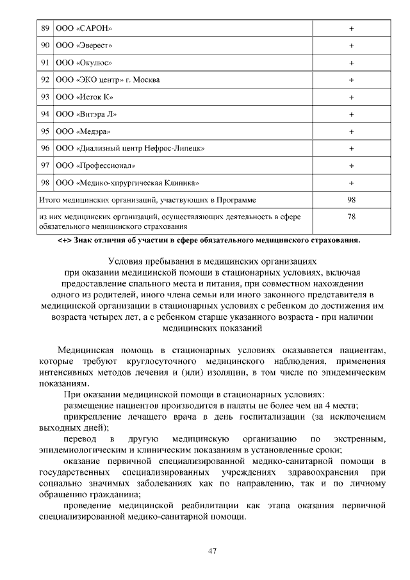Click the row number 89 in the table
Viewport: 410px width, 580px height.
(45, 29)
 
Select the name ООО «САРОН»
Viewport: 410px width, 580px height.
(84, 29)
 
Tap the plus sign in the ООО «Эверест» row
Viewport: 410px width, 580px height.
(352, 46)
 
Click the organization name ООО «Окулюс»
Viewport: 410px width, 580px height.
(85, 63)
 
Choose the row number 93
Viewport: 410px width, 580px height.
(45, 97)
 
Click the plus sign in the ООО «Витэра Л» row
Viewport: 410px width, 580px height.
(352, 114)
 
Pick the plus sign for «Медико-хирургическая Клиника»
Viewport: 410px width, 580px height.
(352, 183)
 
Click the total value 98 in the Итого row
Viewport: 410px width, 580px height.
(352, 200)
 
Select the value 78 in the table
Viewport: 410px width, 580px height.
(352, 217)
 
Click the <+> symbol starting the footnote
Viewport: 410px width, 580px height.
(64, 241)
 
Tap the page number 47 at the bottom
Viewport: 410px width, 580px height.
(213, 551)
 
